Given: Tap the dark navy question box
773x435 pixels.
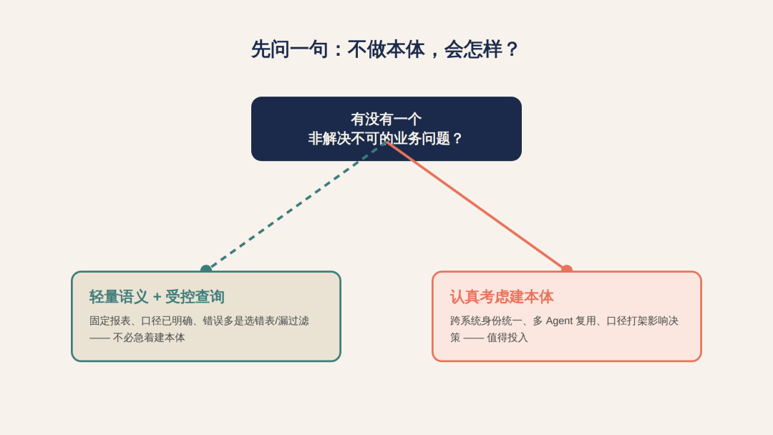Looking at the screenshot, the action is tap(386, 129).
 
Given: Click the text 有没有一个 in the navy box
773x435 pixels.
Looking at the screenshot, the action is tap(386, 119).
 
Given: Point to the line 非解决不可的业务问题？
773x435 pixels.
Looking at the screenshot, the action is tap(386, 138).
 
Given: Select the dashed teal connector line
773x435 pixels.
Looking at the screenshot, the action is tap(296, 206).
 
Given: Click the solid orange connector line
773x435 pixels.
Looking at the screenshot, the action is tap(476, 206).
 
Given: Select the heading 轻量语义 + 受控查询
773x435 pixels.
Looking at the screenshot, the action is tap(157, 297).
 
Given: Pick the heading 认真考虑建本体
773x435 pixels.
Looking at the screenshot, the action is tap(502, 297).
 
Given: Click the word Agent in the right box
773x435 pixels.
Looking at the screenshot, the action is tap(559, 321).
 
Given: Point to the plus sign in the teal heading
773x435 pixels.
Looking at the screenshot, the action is tap(157, 297).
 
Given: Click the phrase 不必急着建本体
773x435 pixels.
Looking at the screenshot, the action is tap(149, 338).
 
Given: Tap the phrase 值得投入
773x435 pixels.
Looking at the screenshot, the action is tap(507, 338).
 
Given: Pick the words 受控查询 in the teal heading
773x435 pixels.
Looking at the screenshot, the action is tap(195, 297).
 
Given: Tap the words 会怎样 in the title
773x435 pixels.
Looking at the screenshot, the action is tap(473, 49).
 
